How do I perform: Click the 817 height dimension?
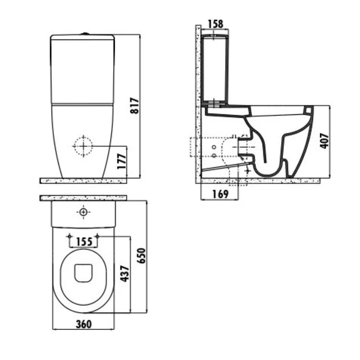(x=135, y=105)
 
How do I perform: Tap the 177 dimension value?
(x=122, y=161)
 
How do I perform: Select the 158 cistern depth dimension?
(x=215, y=24)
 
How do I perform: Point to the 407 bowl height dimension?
(x=324, y=141)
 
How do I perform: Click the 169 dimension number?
(x=220, y=194)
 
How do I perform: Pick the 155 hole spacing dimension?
(x=84, y=242)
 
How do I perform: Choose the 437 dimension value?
(x=125, y=274)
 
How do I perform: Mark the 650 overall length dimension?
(x=141, y=256)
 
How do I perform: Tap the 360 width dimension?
(x=83, y=324)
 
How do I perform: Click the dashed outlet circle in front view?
(x=83, y=146)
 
